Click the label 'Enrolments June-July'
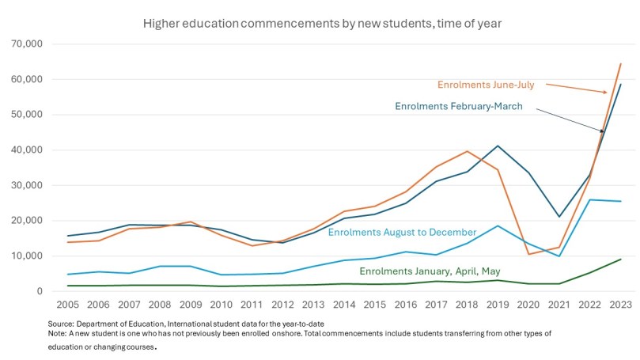487,84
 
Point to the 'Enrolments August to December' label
402,233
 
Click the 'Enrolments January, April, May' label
430,271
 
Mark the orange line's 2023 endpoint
620,64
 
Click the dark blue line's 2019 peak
498,146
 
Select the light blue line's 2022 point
591,199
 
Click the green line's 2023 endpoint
620,260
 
